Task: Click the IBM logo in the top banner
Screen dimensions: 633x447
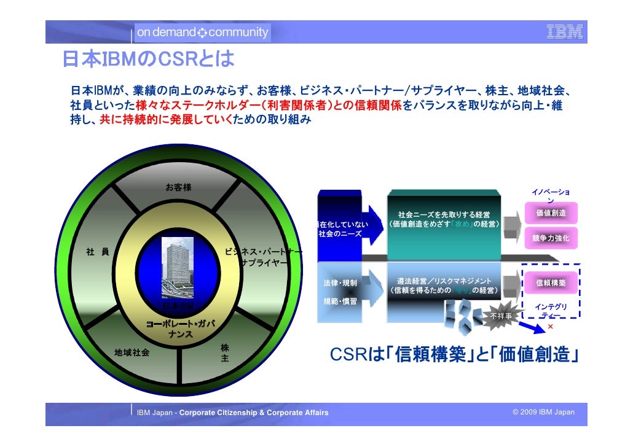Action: pos(564,32)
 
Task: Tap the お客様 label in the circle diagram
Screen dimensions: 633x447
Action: pos(178,187)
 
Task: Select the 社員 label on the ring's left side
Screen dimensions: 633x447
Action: pos(97,252)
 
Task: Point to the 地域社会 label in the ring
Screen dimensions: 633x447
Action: pos(132,352)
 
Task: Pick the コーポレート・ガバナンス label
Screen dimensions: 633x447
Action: pos(180,329)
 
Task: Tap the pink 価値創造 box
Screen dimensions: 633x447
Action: pos(551,213)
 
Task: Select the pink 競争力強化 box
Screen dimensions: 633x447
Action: pos(551,238)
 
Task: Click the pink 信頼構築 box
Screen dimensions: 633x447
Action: pos(551,283)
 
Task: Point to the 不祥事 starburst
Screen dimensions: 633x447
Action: pos(500,316)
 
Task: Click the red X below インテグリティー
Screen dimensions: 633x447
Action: pos(551,327)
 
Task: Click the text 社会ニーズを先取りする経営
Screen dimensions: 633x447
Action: pos(444,215)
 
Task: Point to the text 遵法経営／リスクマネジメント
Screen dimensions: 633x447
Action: pos(444,281)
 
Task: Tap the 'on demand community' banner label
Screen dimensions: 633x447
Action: pos(202,32)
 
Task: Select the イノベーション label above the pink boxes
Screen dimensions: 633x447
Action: pos(550,196)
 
